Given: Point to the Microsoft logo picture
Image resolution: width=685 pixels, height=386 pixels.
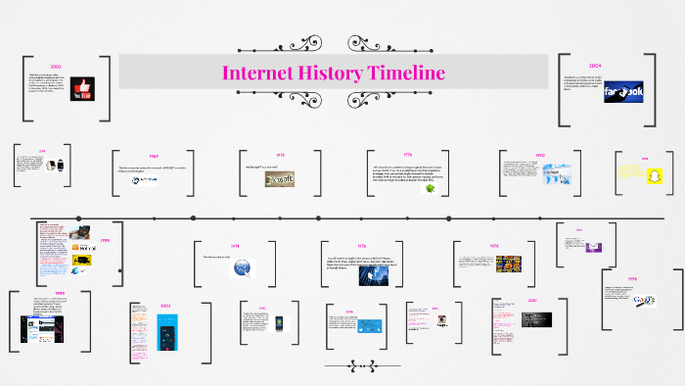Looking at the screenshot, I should coord(279,179).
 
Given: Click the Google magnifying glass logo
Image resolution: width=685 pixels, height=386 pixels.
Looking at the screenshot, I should coord(644,300).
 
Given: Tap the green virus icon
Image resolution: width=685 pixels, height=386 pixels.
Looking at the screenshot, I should coord(430,189).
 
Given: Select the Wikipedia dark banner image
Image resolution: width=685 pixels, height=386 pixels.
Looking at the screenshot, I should coord(535,318).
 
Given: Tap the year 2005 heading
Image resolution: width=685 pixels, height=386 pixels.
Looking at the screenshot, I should coord(55,65).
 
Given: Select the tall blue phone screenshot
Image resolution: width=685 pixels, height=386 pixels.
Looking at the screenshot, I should coord(165,332).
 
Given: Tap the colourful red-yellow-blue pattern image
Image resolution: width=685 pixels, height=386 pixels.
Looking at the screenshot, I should coord(508,265).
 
